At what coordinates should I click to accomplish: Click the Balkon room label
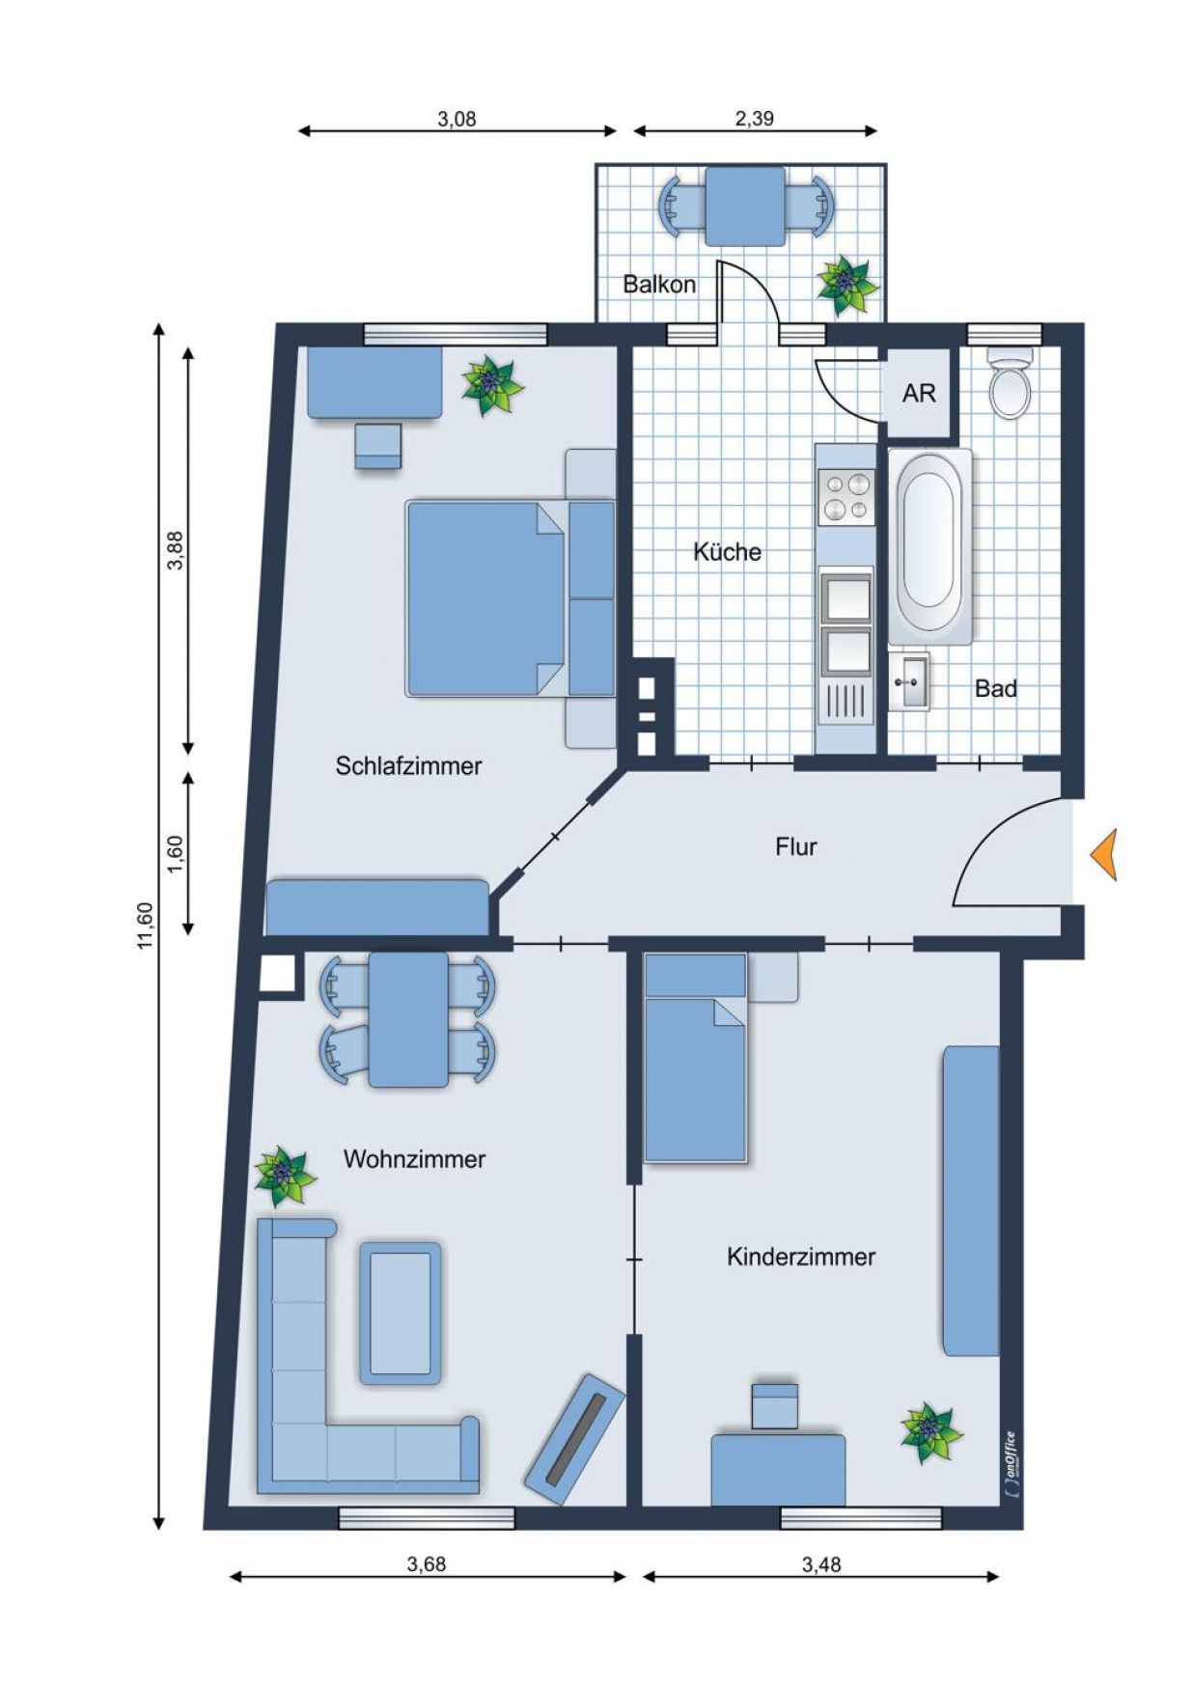pyautogui.click(x=659, y=285)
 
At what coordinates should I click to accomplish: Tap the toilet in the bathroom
pyautogui.click(x=1011, y=384)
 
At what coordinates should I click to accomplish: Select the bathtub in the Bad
pyautogui.click(x=929, y=546)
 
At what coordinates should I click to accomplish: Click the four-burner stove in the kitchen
pyautogui.click(x=845, y=497)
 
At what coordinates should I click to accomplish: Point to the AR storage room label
pyautogui.click(x=919, y=394)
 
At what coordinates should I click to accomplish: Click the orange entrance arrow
pyautogui.click(x=1104, y=855)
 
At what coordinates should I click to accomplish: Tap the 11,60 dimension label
pyautogui.click(x=145, y=926)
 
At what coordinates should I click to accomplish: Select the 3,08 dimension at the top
pyautogui.click(x=457, y=120)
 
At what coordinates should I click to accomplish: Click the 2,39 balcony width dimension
pyautogui.click(x=754, y=119)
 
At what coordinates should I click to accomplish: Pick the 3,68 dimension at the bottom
pyautogui.click(x=426, y=1564)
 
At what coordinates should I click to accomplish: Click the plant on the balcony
pyautogui.click(x=846, y=283)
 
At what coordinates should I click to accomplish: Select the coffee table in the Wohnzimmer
pyautogui.click(x=401, y=1312)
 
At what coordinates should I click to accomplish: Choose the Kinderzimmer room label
pyautogui.click(x=801, y=1257)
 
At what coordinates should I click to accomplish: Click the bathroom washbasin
pyautogui.click(x=908, y=682)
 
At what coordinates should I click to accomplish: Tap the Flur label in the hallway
pyautogui.click(x=796, y=847)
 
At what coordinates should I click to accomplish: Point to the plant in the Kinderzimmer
pyautogui.click(x=930, y=1432)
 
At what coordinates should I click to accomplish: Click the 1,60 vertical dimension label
pyautogui.click(x=175, y=854)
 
